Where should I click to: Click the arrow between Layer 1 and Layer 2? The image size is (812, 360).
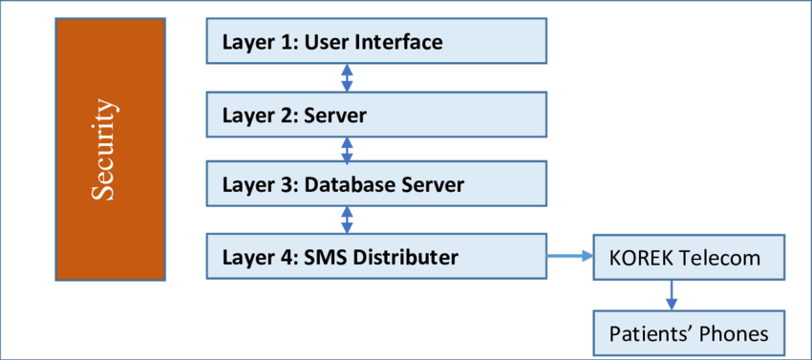pos(348,78)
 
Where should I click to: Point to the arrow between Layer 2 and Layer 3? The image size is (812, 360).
pos(348,149)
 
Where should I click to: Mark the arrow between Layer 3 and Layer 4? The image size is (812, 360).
pos(348,221)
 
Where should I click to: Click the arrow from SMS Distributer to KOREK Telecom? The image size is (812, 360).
pos(569,256)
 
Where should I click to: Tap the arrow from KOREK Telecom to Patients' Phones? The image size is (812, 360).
pos(672,295)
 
